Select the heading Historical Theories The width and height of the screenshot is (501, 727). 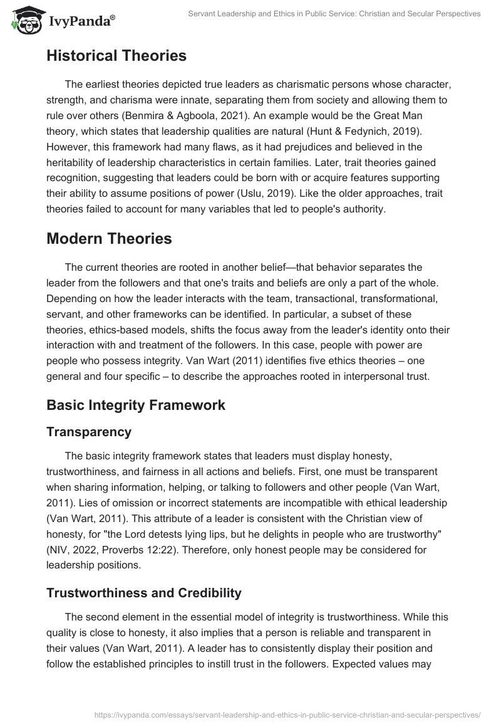(116, 56)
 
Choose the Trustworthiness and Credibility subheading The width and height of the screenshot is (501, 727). (143, 592)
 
